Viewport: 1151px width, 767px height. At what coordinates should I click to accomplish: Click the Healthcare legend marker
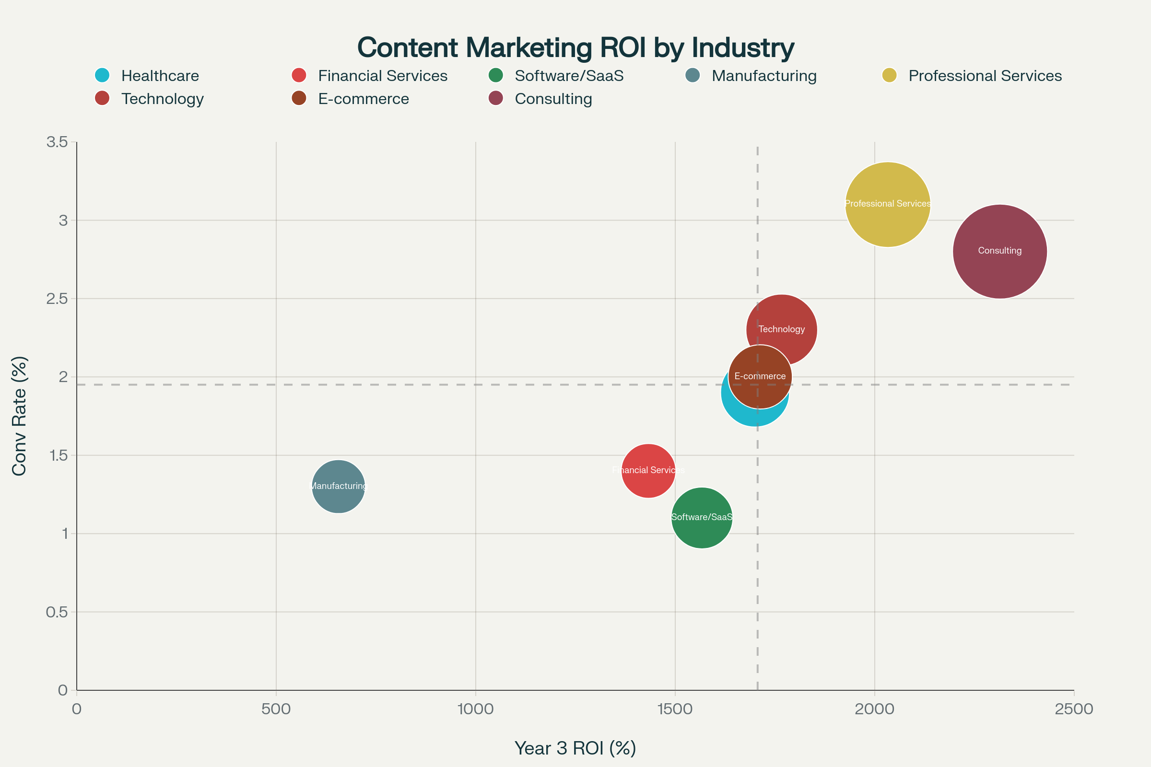click(x=102, y=75)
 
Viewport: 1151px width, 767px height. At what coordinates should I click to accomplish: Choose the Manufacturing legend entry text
click(x=763, y=76)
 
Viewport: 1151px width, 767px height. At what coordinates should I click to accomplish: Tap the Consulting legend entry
click(x=553, y=99)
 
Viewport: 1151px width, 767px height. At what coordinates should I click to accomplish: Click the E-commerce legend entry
click(x=363, y=99)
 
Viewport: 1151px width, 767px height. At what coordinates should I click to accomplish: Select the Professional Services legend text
click(x=985, y=76)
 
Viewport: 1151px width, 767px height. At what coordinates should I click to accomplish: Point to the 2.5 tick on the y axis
click(x=57, y=298)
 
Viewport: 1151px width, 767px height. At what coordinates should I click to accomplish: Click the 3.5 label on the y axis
click(x=57, y=142)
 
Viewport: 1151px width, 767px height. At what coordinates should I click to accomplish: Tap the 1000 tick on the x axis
click(x=475, y=709)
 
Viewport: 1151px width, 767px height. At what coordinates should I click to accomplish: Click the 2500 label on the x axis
click(x=1074, y=709)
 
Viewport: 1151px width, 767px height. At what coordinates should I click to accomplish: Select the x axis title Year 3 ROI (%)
click(x=575, y=748)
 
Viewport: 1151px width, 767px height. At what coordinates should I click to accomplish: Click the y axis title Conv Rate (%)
click(x=19, y=416)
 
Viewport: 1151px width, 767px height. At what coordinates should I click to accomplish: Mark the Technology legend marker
click(x=102, y=98)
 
